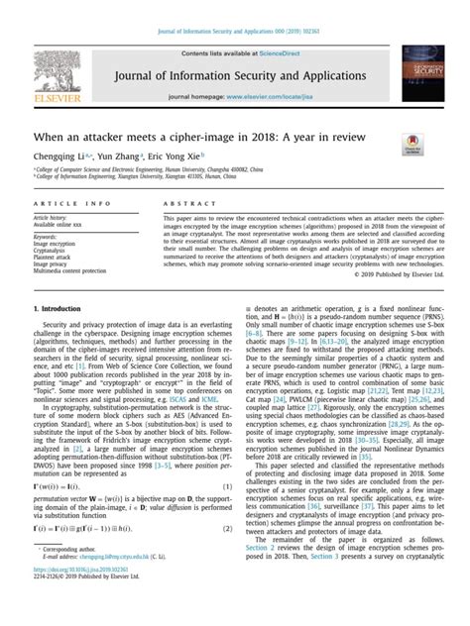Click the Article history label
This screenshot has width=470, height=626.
coord(51,217)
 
